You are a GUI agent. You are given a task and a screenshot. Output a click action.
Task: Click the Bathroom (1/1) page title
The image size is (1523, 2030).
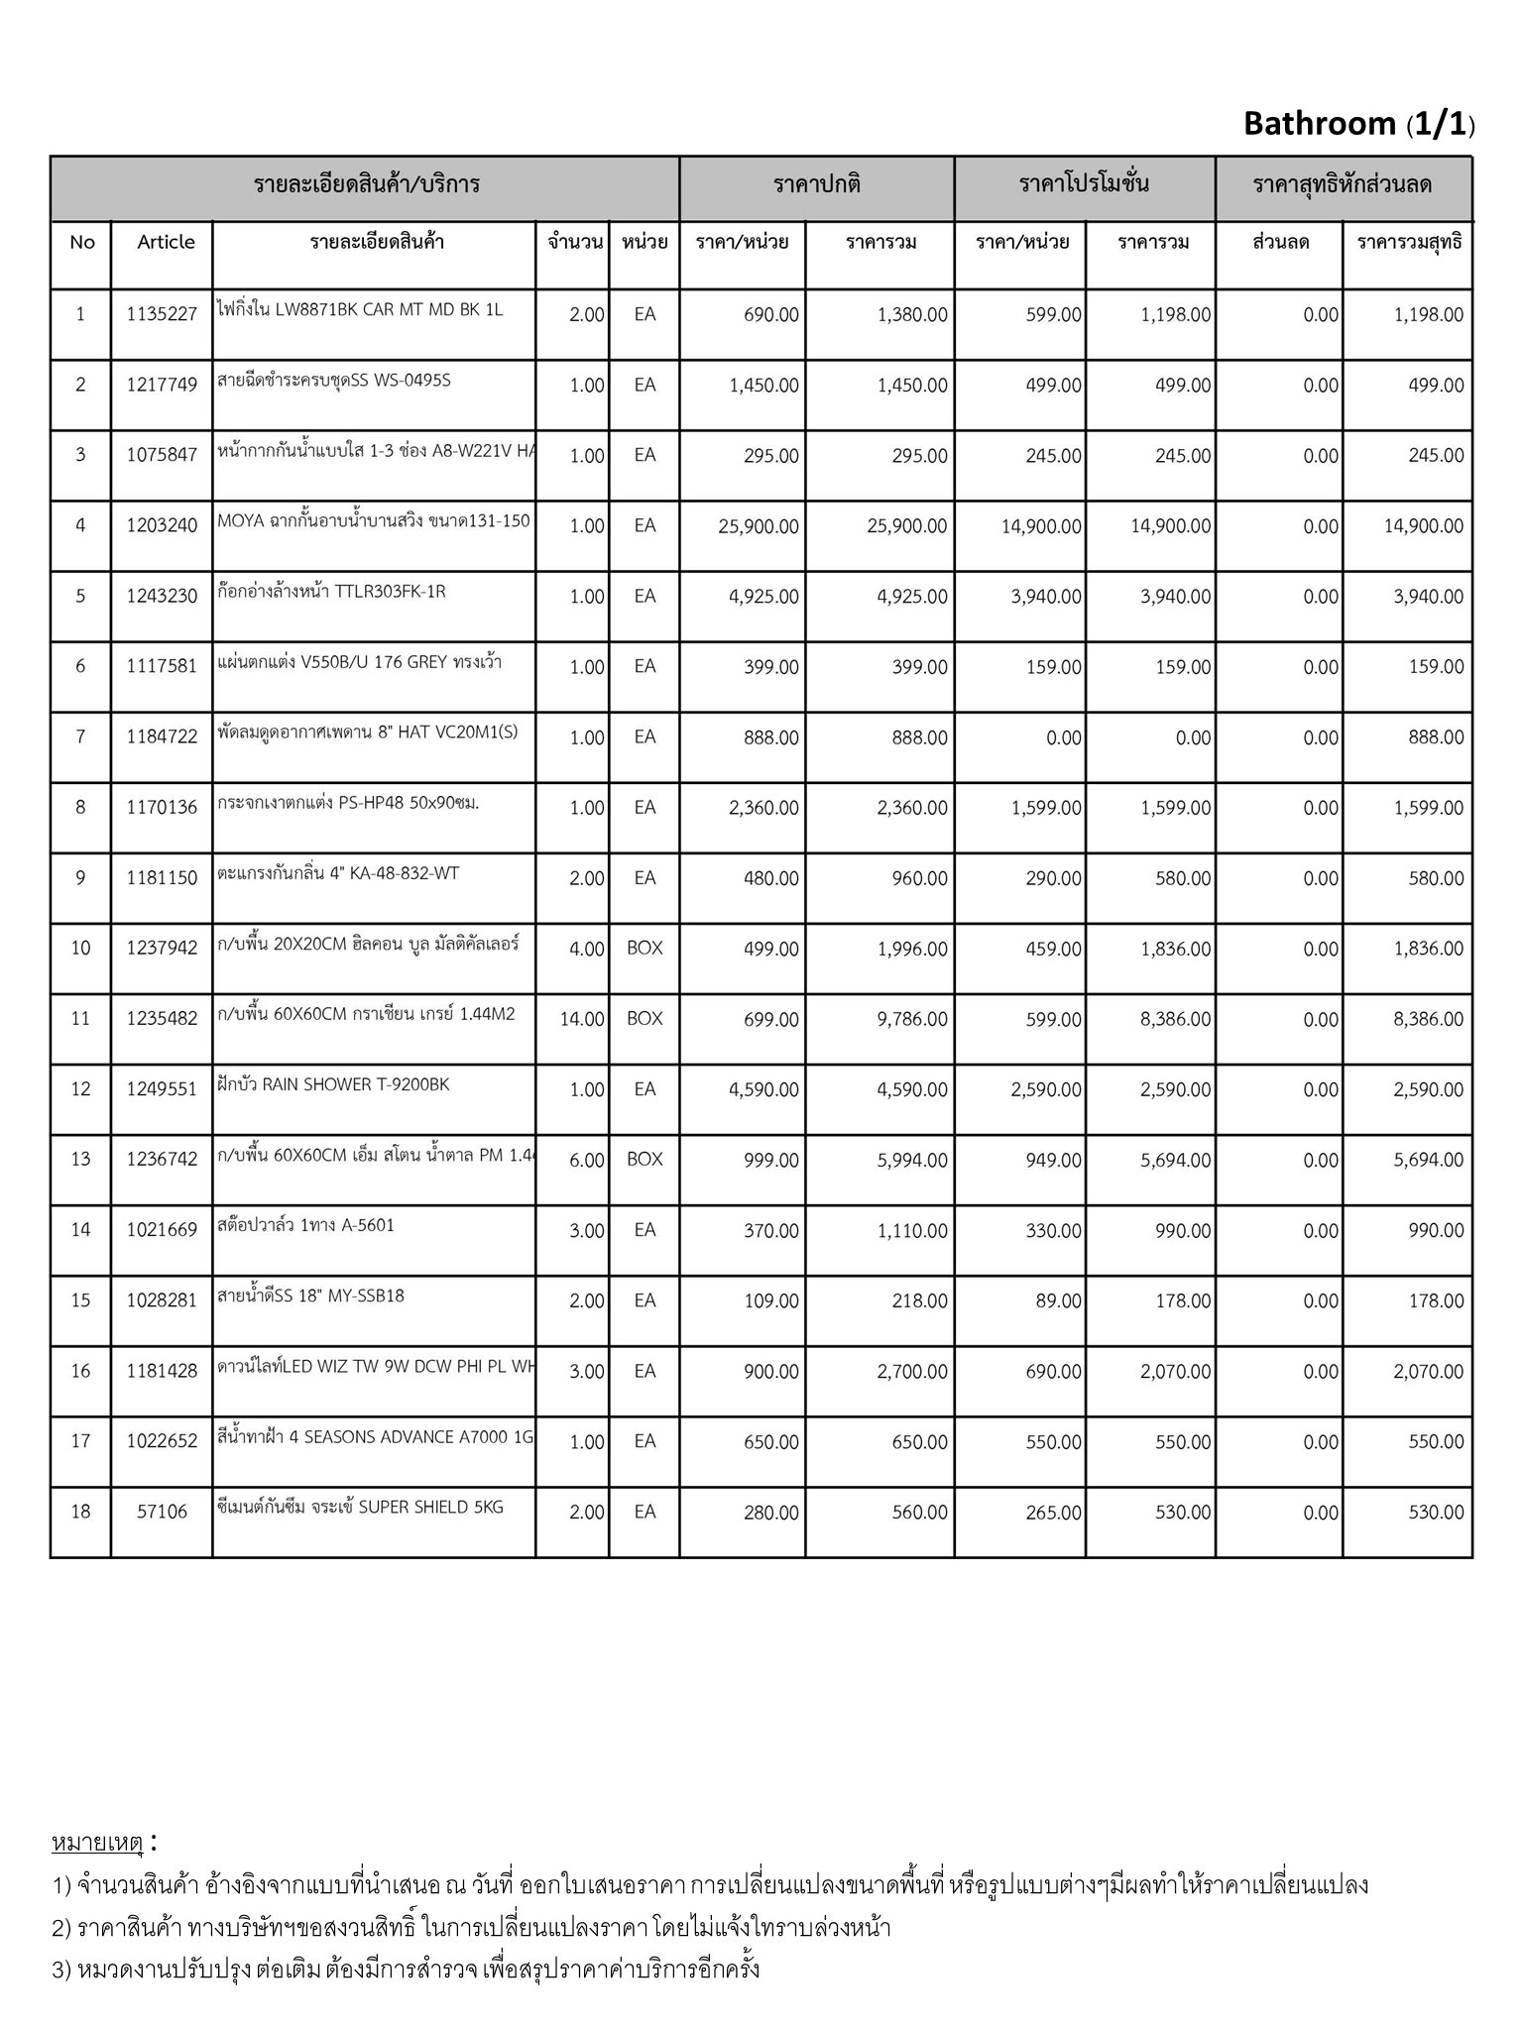(1358, 124)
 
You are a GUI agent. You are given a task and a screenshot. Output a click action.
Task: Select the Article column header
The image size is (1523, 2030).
(166, 242)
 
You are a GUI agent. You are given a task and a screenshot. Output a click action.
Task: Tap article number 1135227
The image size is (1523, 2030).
(162, 315)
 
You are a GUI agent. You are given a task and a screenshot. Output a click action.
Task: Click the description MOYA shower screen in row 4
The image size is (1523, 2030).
(374, 522)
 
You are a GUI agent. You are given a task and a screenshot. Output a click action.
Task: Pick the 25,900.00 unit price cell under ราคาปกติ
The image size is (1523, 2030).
(758, 526)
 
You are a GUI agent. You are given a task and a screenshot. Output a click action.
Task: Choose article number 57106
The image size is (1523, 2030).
(162, 1512)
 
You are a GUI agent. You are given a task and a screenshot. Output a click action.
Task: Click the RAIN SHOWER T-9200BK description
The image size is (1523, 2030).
(333, 1084)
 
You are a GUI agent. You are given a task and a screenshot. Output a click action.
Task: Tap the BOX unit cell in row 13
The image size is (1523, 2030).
(644, 1160)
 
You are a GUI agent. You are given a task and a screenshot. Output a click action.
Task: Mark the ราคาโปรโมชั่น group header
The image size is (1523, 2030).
(1084, 184)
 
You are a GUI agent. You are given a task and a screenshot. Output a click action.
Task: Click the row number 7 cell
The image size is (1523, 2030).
(80, 736)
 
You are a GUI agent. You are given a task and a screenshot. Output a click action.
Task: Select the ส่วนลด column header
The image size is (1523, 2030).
(1280, 242)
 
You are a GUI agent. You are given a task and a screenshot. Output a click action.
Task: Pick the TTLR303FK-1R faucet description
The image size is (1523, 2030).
(331, 592)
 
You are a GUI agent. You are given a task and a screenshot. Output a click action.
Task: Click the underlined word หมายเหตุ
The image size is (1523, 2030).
(97, 1843)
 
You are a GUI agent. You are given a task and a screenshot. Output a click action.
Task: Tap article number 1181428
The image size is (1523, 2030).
(162, 1371)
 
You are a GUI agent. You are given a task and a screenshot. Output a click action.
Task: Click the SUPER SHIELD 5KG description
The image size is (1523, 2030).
(360, 1507)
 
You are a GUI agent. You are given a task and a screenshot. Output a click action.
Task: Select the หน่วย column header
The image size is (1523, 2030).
(644, 242)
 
